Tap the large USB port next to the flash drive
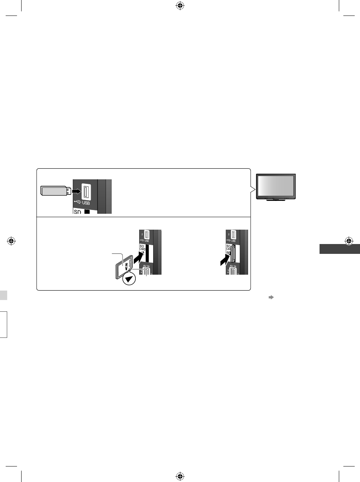pos(85,192)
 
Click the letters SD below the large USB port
pos(77,212)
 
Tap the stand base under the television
pos(276,201)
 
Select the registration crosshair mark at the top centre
pos(180,6)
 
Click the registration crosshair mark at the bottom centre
pos(180,476)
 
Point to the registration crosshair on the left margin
pos(11,241)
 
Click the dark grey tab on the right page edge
pos(339,249)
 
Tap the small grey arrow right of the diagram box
pos(271,298)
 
